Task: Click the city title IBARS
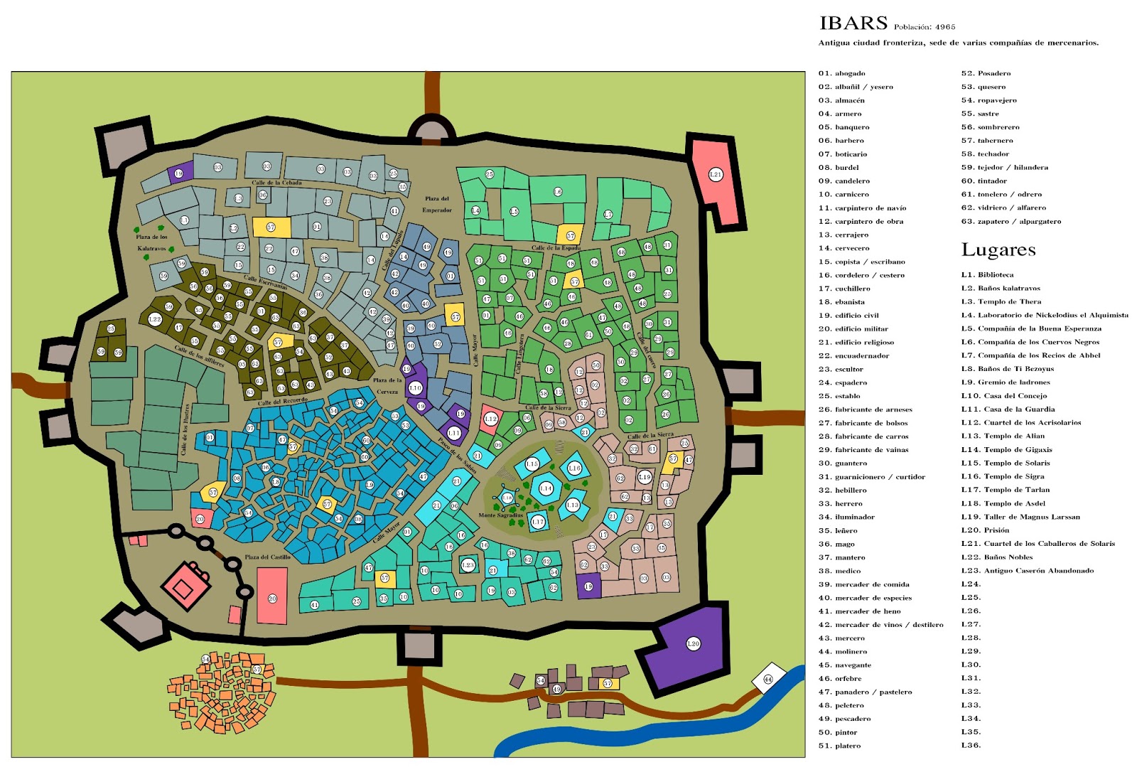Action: click(x=853, y=23)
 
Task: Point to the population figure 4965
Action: click(x=945, y=27)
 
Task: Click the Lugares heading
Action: click(x=998, y=250)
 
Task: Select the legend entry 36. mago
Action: click(x=836, y=544)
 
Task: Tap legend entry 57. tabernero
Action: click(x=986, y=141)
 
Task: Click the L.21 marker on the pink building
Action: click(x=716, y=175)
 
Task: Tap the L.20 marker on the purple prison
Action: click(x=693, y=644)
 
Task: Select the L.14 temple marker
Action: click(x=546, y=488)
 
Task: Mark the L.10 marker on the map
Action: click(x=415, y=388)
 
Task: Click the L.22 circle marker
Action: click(x=155, y=320)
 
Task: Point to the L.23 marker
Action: click(x=468, y=566)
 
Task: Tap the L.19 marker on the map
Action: click(x=645, y=478)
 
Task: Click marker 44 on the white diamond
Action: click(x=767, y=680)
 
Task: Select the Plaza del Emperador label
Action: click(x=437, y=204)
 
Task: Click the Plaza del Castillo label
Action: click(x=267, y=557)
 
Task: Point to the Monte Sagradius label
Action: click(x=500, y=515)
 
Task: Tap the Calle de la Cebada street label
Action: click(x=276, y=183)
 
